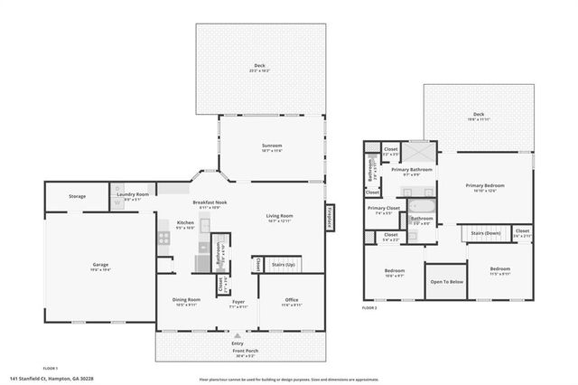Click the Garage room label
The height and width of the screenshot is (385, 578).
[99, 266]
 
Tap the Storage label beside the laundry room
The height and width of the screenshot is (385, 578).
[77, 195]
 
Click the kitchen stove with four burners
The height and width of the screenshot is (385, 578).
[163, 239]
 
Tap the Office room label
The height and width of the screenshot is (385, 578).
[291, 303]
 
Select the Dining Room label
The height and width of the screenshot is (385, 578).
[187, 303]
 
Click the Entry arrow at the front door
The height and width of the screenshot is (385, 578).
[238, 336]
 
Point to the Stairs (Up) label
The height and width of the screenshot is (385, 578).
[284, 264]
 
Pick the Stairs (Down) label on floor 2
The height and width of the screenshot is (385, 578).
[485, 232]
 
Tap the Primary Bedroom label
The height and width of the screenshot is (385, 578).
[485, 187]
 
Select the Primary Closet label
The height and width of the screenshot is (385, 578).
[383, 210]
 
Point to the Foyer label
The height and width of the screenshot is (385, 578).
[238, 303]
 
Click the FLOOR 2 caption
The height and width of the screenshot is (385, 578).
[369, 308]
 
